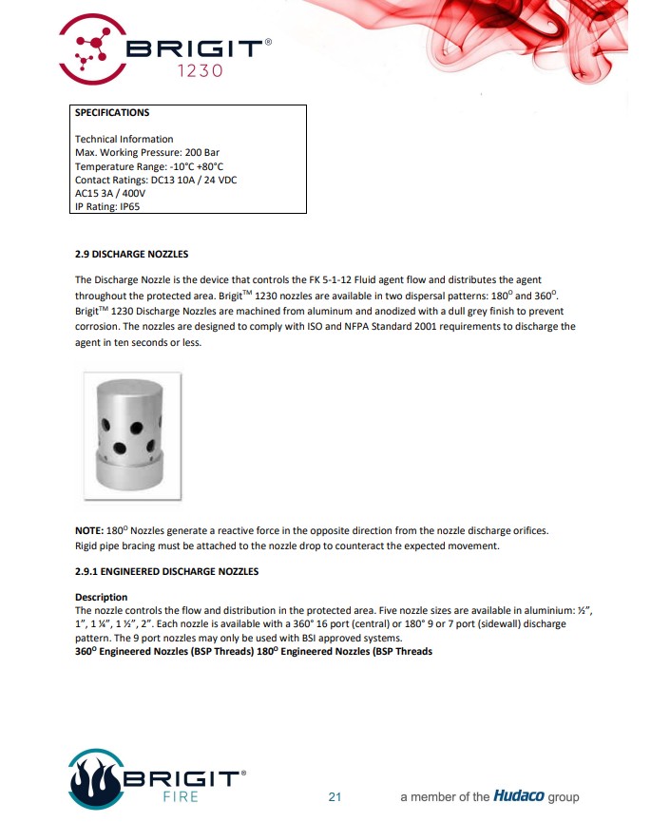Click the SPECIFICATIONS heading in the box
coord(112,113)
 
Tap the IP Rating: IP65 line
coord(107,205)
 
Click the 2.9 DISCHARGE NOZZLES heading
coord(131,255)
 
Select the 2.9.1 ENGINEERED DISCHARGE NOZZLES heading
coord(166,571)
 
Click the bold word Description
coord(101,597)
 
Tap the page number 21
coord(334,797)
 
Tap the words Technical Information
coord(124,139)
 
